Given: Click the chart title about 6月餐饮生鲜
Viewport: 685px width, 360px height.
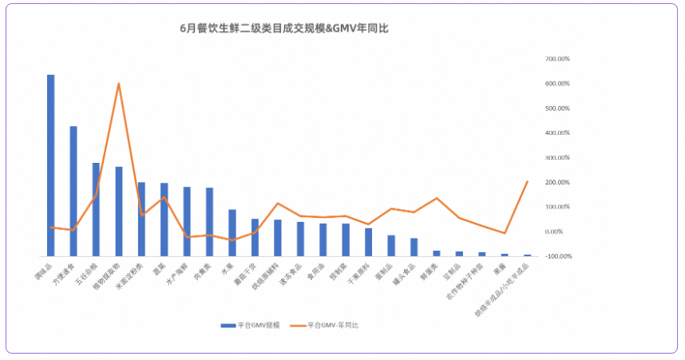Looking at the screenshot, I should click(284, 28).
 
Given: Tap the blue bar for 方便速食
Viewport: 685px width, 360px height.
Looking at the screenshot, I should click(73, 191).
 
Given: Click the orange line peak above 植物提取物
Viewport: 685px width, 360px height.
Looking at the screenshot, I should click(119, 83).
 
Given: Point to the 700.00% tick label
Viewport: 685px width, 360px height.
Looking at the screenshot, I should click(557, 59).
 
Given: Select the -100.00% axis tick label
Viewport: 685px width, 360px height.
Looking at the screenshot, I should click(557, 256).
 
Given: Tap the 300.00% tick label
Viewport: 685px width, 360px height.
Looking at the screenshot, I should click(557, 157).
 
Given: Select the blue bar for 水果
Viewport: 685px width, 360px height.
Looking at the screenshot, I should click(232, 232).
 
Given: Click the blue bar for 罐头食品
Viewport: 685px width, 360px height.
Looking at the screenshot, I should click(414, 247).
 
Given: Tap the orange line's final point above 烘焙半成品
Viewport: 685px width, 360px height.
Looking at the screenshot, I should click(528, 181).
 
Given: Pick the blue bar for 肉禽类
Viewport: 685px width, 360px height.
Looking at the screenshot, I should click(209, 222).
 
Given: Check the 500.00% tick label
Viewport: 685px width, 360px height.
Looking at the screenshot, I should click(557, 108).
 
